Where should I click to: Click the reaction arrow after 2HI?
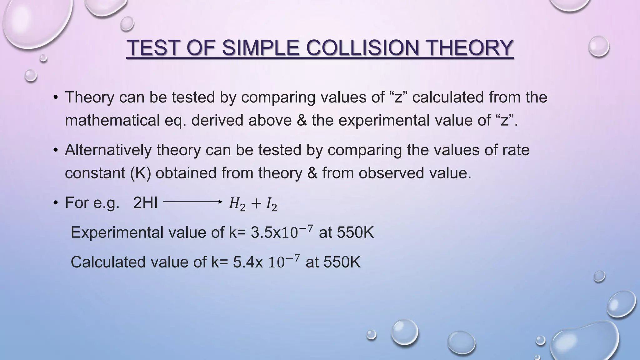[192, 202]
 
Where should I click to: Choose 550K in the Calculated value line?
[342, 262]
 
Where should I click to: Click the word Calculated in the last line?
[108, 262]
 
